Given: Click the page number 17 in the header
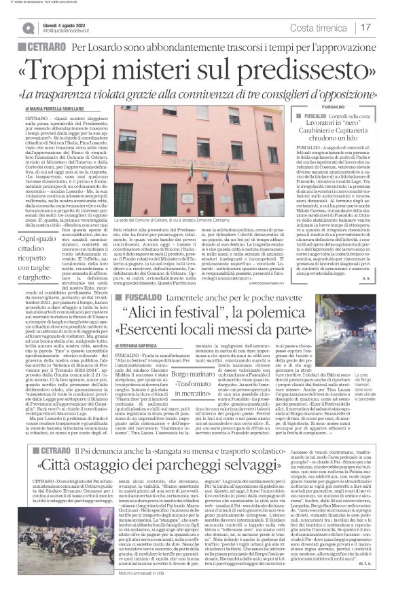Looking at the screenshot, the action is (x=365, y=28).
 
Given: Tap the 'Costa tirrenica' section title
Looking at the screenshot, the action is (x=317, y=28).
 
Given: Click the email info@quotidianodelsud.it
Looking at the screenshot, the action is (x=72, y=32).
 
